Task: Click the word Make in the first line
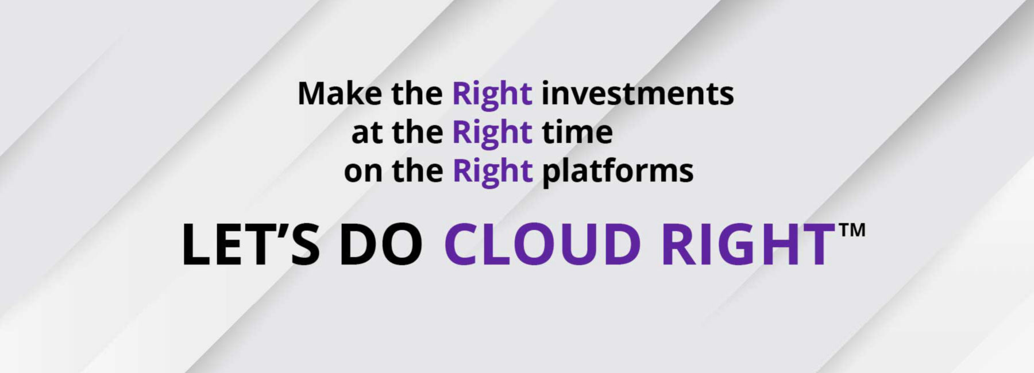click(x=339, y=94)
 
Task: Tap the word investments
click(x=638, y=94)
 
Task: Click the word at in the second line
click(x=366, y=133)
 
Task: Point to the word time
click(x=577, y=133)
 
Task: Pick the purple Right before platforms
click(x=493, y=172)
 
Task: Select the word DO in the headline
click(x=381, y=244)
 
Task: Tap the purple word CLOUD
click(x=542, y=244)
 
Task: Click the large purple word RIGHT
click(x=749, y=244)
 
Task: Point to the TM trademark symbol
click(x=852, y=231)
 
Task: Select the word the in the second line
click(x=418, y=132)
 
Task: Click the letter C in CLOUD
click(x=462, y=244)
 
